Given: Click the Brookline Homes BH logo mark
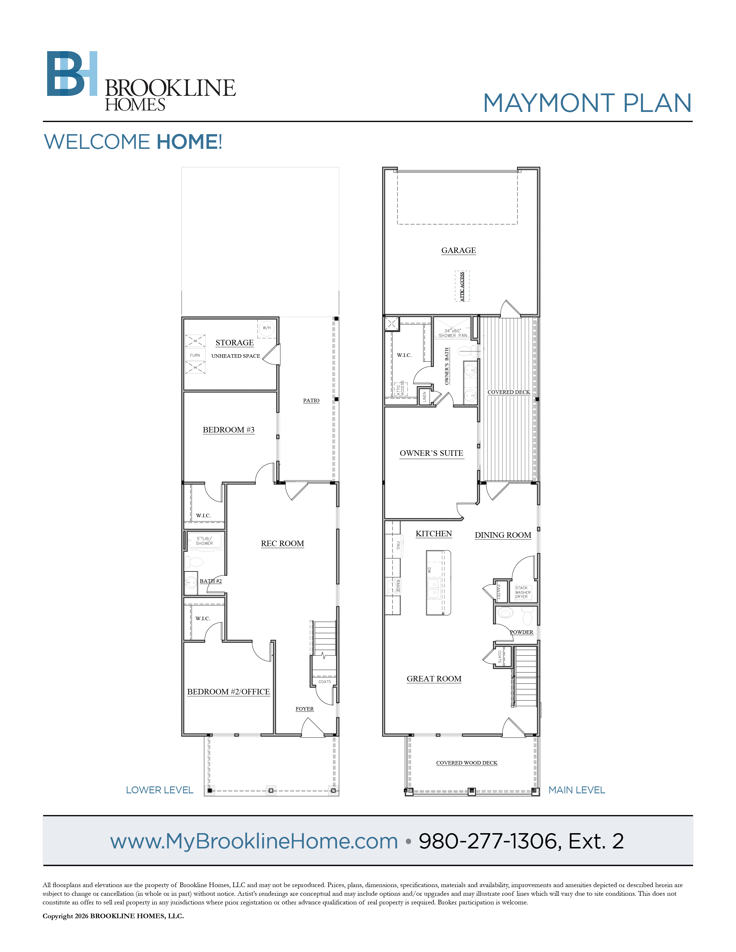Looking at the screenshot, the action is (72, 73).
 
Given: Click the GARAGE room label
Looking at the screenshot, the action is (458, 250).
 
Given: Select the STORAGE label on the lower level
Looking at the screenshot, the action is (235, 343).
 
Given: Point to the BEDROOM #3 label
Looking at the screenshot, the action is (229, 430).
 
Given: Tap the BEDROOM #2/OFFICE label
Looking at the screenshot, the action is (229, 692).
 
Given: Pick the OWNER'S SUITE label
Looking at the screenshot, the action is (431, 453).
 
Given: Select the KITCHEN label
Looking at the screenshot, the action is (434, 534).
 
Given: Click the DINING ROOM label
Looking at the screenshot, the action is (503, 535).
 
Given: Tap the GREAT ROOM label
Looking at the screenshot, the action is (434, 679).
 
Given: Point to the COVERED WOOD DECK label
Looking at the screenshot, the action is (466, 763).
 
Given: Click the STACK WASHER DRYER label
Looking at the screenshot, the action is (523, 592).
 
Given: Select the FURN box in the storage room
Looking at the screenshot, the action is (195, 355).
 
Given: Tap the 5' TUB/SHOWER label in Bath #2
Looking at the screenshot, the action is (204, 541).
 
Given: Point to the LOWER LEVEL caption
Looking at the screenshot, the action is (160, 790).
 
